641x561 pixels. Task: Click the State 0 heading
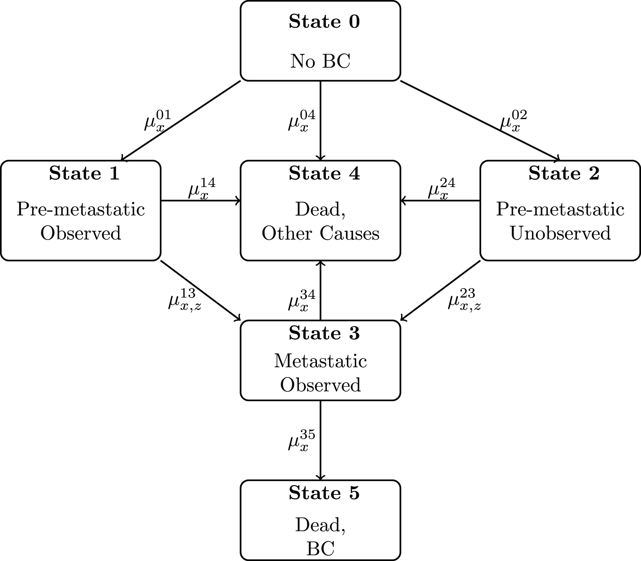[x=324, y=22]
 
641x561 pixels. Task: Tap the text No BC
[x=320, y=61]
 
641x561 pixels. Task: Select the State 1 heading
[x=84, y=174]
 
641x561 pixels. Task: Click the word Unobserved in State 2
[x=560, y=233]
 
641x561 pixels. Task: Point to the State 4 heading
[x=324, y=174]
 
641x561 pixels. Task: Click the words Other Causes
[x=320, y=233]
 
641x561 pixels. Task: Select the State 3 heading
[x=324, y=333]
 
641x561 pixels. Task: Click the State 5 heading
[x=324, y=493]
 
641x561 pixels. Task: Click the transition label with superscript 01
[x=157, y=121]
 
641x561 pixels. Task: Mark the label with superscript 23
[x=464, y=300]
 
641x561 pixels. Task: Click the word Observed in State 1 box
[x=81, y=233]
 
